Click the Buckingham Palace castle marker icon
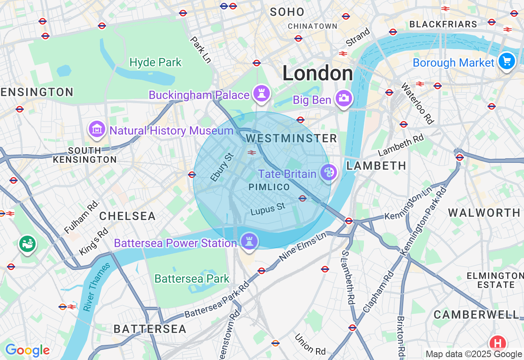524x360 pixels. [x=261, y=94]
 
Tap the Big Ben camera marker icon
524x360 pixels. [x=343, y=98]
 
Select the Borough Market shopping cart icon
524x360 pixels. [x=507, y=61]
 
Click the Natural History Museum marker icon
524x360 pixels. [x=97, y=129]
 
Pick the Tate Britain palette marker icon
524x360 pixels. [x=328, y=172]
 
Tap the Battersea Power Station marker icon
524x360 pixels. [x=249, y=241]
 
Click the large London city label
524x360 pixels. [x=318, y=74]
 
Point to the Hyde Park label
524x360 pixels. [x=155, y=63]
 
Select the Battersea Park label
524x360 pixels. [x=192, y=279]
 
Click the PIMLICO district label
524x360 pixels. [x=269, y=187]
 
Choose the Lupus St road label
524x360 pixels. [x=268, y=209]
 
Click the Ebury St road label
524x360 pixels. [x=221, y=167]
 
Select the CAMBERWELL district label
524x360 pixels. [x=476, y=315]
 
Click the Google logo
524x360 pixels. [x=27, y=350]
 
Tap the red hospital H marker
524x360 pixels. [x=498, y=342]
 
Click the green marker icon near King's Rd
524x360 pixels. [x=27, y=244]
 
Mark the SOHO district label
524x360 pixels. [x=287, y=12]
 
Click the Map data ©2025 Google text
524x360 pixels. [x=474, y=354]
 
